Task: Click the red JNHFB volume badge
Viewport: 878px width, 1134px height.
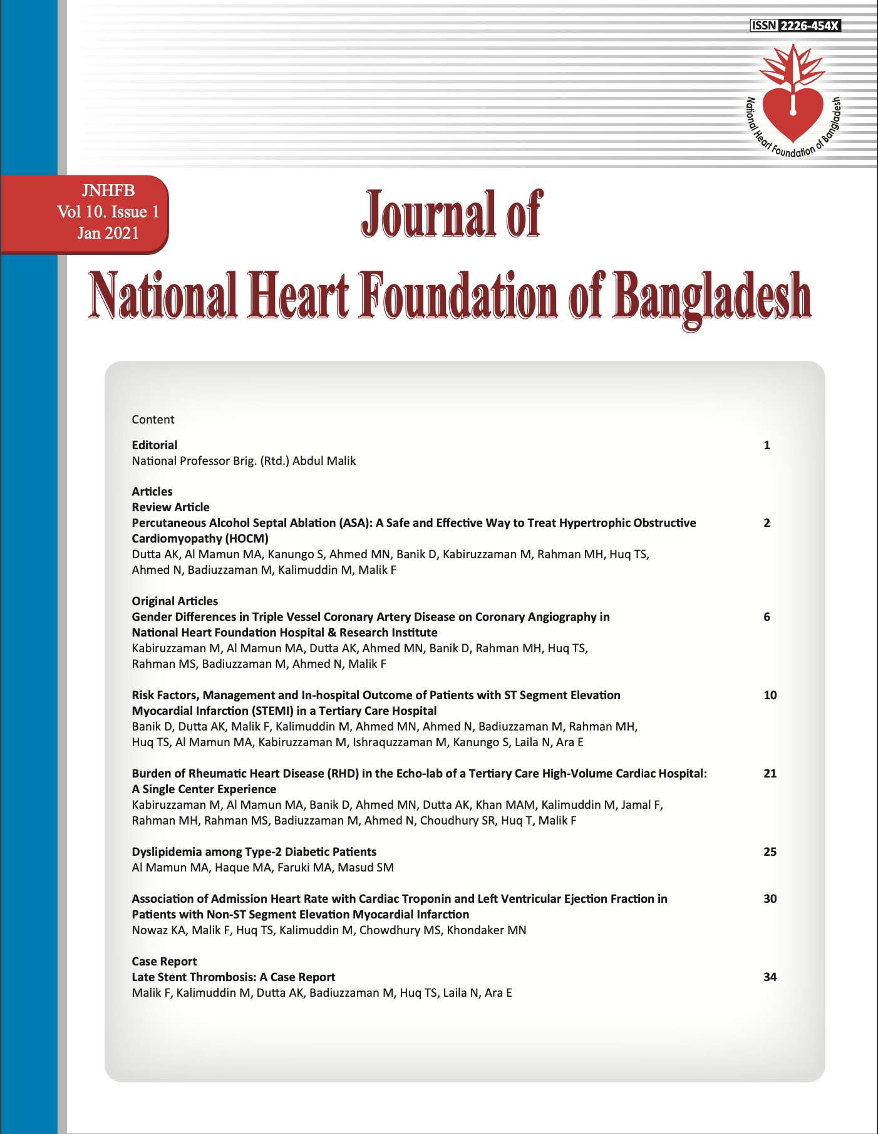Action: pyautogui.click(x=108, y=212)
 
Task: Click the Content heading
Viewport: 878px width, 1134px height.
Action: pyautogui.click(x=153, y=420)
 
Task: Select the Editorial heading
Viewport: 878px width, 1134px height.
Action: pyautogui.click(x=154, y=445)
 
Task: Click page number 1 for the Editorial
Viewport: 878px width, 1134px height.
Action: pyautogui.click(x=767, y=445)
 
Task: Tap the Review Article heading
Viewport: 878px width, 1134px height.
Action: pyautogui.click(x=170, y=507)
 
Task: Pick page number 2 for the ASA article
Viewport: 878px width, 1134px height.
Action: pyautogui.click(x=767, y=523)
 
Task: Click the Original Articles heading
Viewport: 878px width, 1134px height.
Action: pyautogui.click(x=175, y=601)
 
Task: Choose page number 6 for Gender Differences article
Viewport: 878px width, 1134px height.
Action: pyautogui.click(x=767, y=617)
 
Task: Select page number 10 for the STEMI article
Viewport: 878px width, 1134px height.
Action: pyautogui.click(x=770, y=695)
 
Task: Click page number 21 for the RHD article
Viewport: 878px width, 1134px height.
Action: pyautogui.click(x=770, y=774)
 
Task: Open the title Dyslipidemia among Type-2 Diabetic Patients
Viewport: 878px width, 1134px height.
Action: pyautogui.click(x=254, y=851)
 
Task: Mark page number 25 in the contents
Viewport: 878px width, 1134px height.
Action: pyautogui.click(x=770, y=852)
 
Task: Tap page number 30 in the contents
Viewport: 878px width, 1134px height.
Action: pyautogui.click(x=770, y=899)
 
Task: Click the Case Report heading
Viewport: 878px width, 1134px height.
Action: pyautogui.click(x=164, y=961)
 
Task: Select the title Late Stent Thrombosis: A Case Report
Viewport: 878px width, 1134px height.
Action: pyautogui.click(x=233, y=977)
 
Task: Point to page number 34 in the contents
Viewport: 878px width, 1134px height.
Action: pyautogui.click(x=770, y=977)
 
